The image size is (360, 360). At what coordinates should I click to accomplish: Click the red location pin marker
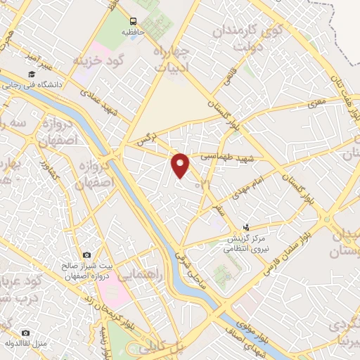181,166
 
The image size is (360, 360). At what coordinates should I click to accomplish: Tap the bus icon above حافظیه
134,21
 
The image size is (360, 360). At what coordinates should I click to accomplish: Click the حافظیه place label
133,32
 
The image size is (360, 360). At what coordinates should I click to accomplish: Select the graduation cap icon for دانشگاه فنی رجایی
31,74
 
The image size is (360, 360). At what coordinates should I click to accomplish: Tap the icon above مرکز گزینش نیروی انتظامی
246,227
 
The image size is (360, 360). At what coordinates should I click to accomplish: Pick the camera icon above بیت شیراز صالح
86,255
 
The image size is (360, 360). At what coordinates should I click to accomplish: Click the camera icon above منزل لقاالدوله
26,333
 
